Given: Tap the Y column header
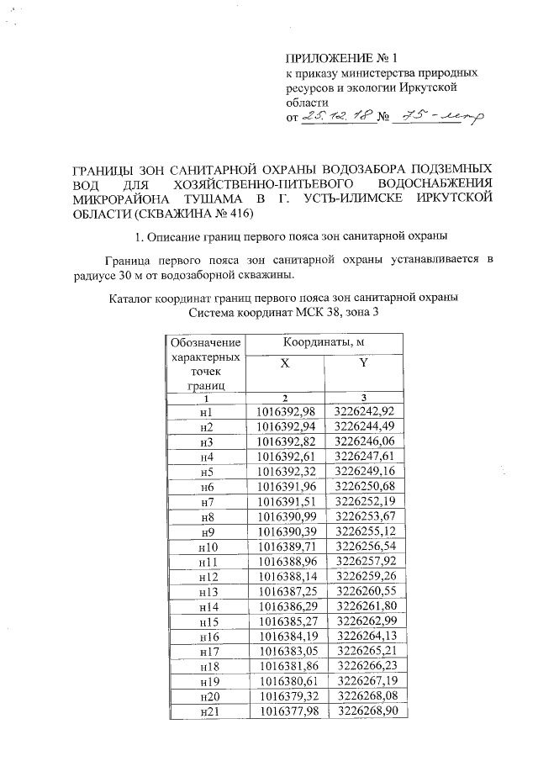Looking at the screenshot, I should tap(362, 363).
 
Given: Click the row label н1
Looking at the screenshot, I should tap(207, 412).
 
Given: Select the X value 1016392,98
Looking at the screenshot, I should tap(285, 412).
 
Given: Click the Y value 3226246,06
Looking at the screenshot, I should tap(364, 441).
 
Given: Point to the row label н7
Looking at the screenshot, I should tap(207, 502).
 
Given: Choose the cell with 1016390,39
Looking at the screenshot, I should tap(285, 532).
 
